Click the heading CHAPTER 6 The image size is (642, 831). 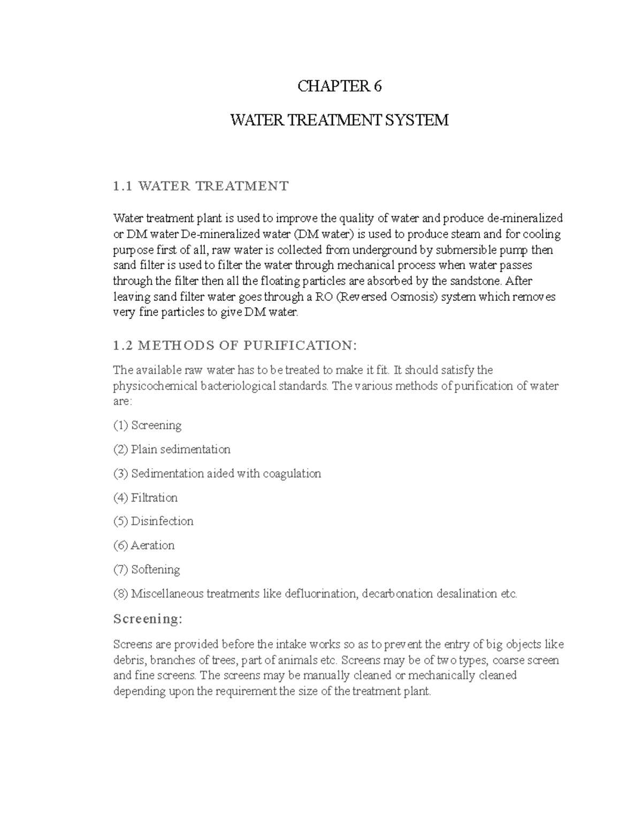(339, 86)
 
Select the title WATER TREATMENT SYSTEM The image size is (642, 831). (339, 120)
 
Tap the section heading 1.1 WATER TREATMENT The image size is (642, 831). (201, 186)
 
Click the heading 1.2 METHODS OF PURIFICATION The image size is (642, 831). (234, 346)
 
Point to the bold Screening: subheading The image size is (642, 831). (148, 619)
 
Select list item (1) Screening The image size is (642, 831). (148, 425)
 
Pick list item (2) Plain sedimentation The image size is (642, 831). (172, 449)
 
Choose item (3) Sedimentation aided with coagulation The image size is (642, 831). (217, 474)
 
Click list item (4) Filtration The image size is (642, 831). (146, 498)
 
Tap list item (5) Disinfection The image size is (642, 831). (154, 521)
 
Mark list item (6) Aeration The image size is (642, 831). (144, 545)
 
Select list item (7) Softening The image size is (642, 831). (147, 569)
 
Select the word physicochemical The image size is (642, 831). (156, 386)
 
